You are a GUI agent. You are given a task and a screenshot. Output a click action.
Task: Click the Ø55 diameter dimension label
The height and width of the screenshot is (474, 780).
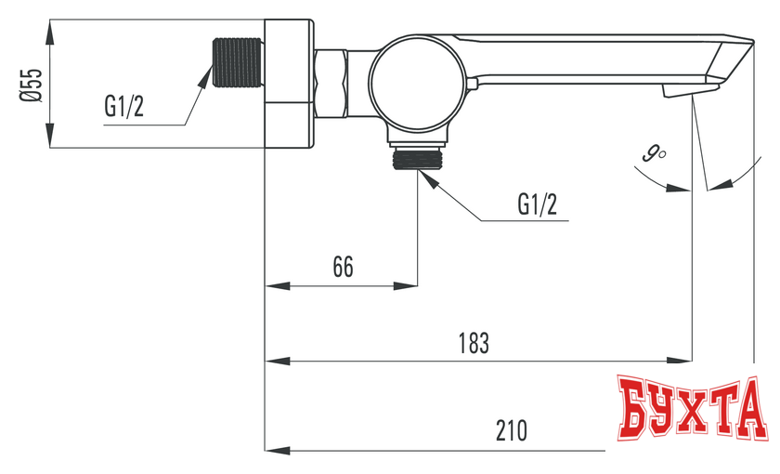(x=31, y=85)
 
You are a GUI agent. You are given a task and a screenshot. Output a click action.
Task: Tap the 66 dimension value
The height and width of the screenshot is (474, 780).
(x=344, y=267)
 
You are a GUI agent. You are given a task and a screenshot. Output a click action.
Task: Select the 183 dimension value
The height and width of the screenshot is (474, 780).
(x=474, y=343)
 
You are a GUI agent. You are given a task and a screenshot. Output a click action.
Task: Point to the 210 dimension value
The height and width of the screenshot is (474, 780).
(x=512, y=430)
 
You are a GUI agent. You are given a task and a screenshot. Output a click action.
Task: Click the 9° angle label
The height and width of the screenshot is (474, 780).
(x=654, y=152)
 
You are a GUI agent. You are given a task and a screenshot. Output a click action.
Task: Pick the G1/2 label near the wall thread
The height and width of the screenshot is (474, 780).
(x=124, y=106)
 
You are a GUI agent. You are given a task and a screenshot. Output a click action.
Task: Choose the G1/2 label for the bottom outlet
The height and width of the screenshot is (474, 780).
(x=538, y=204)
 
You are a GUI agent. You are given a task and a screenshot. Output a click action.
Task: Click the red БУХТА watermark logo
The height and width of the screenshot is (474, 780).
(x=692, y=408)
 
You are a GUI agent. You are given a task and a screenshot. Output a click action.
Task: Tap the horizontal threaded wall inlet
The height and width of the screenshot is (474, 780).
(x=237, y=62)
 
